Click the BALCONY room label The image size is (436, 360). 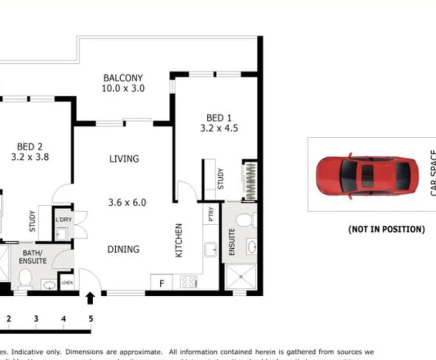pyautogui.click(x=123, y=78)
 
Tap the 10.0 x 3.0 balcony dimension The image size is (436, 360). pyautogui.click(x=123, y=88)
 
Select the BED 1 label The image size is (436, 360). pyautogui.click(x=215, y=118)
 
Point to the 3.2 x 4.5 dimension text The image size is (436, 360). pyautogui.click(x=215, y=128)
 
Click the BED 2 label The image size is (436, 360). pyautogui.click(x=29, y=146)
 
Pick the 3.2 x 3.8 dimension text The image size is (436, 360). pyautogui.click(x=29, y=156)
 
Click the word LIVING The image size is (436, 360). pyautogui.click(x=124, y=158)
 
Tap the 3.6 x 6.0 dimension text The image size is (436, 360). pyautogui.click(x=126, y=202)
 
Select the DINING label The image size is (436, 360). pyautogui.click(x=123, y=249)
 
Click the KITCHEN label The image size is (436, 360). pyautogui.click(x=179, y=241)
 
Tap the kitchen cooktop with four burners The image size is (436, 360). pyautogui.click(x=188, y=283)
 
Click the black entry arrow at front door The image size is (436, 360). pyautogui.click(x=90, y=298)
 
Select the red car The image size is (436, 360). pyautogui.click(x=363, y=174)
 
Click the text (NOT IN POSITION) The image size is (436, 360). pyautogui.click(x=386, y=229)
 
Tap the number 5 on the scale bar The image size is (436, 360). pyautogui.click(x=91, y=318)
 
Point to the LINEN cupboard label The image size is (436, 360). pyautogui.click(x=66, y=283)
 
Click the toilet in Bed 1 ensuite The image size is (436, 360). pyautogui.click(x=246, y=219)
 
